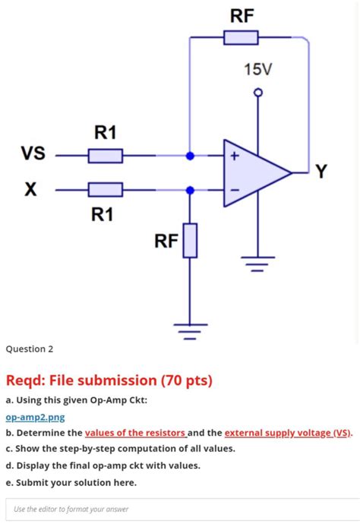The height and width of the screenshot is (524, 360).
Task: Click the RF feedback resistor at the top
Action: click(x=241, y=37)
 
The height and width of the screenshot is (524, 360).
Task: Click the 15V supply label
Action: click(x=257, y=70)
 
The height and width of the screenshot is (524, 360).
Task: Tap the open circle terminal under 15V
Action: click(x=257, y=92)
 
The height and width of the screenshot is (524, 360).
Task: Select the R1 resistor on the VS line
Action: click(x=106, y=156)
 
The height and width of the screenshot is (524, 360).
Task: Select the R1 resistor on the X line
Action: click(x=106, y=190)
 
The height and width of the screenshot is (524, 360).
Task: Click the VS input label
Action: click(x=33, y=153)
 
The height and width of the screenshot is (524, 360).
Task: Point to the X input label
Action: click(x=30, y=189)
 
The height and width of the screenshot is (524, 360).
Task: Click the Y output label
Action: click(x=321, y=172)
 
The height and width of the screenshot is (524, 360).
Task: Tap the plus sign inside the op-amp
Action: click(x=235, y=156)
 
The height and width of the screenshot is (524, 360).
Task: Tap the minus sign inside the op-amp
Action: click(x=235, y=190)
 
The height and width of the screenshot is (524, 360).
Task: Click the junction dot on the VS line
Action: click(x=190, y=156)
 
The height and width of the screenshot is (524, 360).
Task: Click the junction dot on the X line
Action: click(x=190, y=190)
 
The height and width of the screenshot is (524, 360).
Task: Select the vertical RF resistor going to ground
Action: click(x=190, y=241)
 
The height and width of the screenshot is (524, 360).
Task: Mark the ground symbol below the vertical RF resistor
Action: click(x=190, y=331)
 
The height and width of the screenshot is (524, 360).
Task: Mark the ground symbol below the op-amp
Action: click(x=257, y=264)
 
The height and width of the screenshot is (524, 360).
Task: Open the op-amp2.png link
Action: click(x=36, y=418)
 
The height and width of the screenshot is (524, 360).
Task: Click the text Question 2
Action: click(x=30, y=349)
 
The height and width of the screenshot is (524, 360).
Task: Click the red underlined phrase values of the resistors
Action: click(x=135, y=433)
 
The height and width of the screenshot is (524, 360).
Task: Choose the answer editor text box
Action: click(x=182, y=510)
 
